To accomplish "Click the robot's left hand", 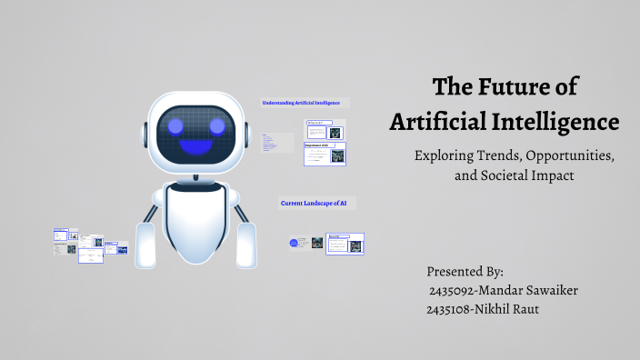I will point(145,246).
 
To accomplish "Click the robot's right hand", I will point(246,245).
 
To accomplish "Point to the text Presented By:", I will point(465,272).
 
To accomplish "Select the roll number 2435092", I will point(455,290).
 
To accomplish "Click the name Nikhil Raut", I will point(516,309).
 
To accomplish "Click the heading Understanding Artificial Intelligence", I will point(306,103).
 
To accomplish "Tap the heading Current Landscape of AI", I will point(315,203).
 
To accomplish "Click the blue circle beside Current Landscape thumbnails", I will point(295,243).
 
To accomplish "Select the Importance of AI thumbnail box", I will point(325,154).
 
